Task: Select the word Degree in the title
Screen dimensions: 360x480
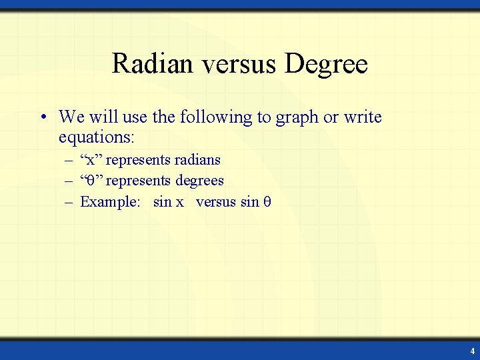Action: click(326, 64)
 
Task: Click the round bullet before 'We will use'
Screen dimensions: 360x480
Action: click(42, 118)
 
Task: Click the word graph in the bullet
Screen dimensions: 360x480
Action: click(295, 118)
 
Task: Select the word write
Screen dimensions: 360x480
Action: click(363, 117)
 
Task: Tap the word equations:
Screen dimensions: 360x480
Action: click(97, 138)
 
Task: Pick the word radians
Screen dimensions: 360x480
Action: click(197, 160)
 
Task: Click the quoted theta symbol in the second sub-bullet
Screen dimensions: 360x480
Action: click(91, 181)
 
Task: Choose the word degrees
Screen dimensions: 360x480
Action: click(199, 181)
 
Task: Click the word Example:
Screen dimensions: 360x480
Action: click(111, 201)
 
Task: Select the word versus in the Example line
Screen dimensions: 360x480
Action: click(216, 202)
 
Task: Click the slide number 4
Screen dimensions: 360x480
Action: click(472, 351)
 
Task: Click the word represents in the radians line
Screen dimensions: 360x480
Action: click(138, 161)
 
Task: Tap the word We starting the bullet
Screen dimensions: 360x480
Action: click(69, 118)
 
